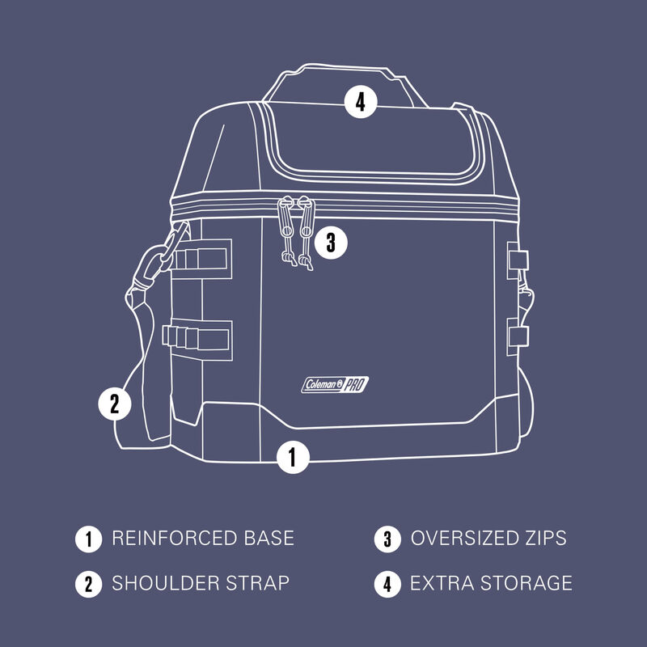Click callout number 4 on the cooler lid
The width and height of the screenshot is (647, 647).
[361, 102]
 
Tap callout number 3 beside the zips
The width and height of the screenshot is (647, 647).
[330, 240]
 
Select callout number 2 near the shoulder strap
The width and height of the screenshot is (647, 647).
[114, 403]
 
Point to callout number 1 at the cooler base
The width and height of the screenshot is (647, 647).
[293, 458]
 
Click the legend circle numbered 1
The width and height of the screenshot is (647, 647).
[87, 538]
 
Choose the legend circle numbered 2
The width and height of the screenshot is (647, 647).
[87, 582]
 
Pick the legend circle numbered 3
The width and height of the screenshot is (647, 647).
[387, 538]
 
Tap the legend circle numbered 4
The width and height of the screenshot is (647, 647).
[387, 582]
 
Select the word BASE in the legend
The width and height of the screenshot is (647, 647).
[268, 538]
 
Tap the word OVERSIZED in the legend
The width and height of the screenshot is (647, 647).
[463, 538]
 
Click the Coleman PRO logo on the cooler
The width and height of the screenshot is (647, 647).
[334, 385]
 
